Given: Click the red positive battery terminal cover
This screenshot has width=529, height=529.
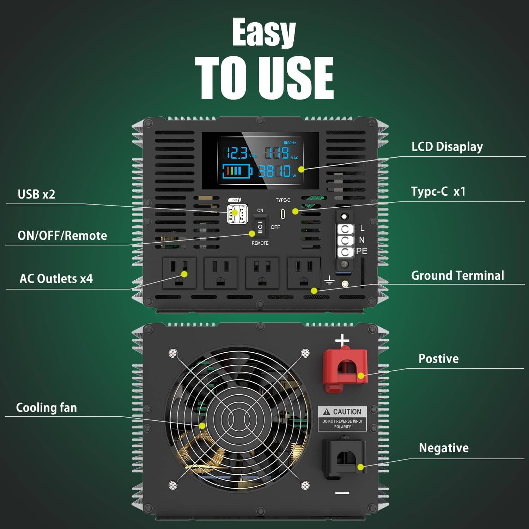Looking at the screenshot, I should tap(345, 370).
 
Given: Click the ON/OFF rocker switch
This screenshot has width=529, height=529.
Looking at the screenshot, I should tap(260, 227).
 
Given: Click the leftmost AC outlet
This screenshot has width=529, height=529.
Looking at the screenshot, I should tap(180, 273).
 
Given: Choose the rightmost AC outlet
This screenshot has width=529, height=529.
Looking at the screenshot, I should tap(304, 273).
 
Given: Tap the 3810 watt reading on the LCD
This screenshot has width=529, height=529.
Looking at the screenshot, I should tap(275, 171).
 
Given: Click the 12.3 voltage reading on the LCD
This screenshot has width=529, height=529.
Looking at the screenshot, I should tap(237, 153).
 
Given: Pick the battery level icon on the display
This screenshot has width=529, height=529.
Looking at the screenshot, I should tap(237, 171).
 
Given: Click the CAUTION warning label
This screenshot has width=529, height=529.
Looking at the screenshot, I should tap(342, 418).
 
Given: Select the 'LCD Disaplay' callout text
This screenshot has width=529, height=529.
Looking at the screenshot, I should tap(447, 147).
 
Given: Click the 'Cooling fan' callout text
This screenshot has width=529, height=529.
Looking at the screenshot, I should tap(46, 408).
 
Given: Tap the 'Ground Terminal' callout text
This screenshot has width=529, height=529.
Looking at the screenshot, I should tap(457, 275).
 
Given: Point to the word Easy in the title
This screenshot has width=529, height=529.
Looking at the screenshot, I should tap(264, 32).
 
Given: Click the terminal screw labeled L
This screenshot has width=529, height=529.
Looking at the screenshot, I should tap(345, 229).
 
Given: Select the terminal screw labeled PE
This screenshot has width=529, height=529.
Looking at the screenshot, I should tap(345, 252).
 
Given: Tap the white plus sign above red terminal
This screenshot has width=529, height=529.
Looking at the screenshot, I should tap(342, 341).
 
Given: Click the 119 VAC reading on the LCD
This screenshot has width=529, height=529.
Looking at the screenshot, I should tap(277, 153).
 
